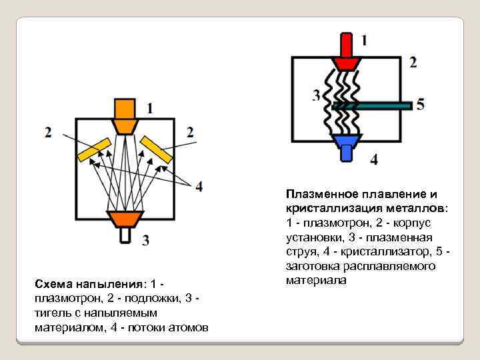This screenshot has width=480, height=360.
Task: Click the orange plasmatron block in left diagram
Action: (125, 115)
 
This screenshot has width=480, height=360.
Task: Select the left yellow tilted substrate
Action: (95, 150)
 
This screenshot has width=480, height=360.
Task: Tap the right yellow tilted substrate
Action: (157, 150)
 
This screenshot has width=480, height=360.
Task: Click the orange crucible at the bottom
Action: (125, 219)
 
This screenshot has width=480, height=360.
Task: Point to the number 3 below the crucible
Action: (145, 240)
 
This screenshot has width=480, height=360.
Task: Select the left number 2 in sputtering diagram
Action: (48, 132)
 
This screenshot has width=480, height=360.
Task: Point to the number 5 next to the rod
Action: (419, 104)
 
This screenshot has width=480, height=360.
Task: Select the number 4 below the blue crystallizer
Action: (373, 159)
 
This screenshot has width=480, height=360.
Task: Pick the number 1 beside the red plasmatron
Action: (363, 40)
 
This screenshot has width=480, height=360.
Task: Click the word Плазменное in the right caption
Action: (319, 194)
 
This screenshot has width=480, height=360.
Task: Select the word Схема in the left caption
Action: (51, 285)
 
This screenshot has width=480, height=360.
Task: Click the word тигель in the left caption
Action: (51, 313)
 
